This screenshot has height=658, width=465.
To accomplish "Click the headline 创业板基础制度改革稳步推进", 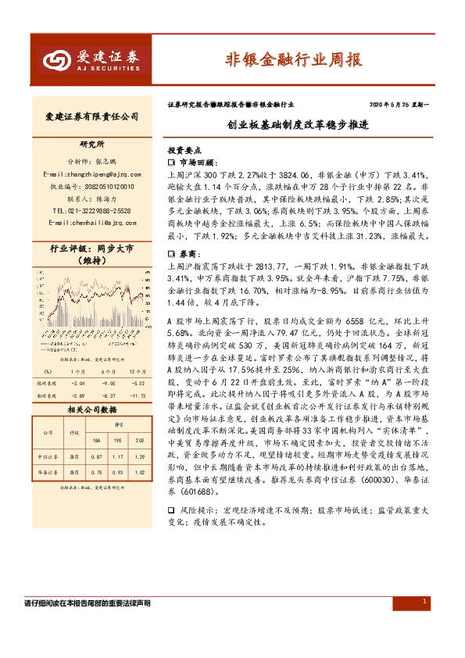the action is pyautogui.click(x=296, y=125).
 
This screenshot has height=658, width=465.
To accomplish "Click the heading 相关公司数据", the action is pyautogui.click(x=92, y=409).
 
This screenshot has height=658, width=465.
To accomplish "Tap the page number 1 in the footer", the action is pyautogui.click(x=424, y=602).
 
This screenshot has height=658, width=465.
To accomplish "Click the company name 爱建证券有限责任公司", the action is pyautogui.click(x=92, y=116).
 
